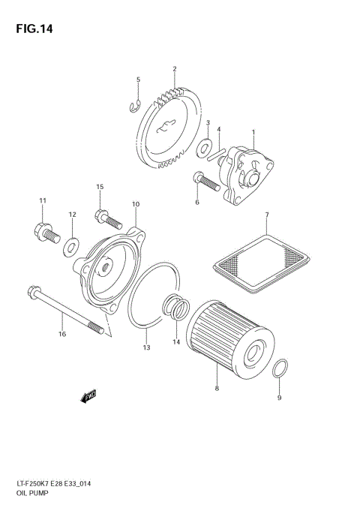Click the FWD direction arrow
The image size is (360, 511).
coord(88,395)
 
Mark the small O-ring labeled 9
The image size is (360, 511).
coord(278,368)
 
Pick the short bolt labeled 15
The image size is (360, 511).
coord(107,218)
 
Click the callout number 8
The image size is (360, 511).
coord(217,389)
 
